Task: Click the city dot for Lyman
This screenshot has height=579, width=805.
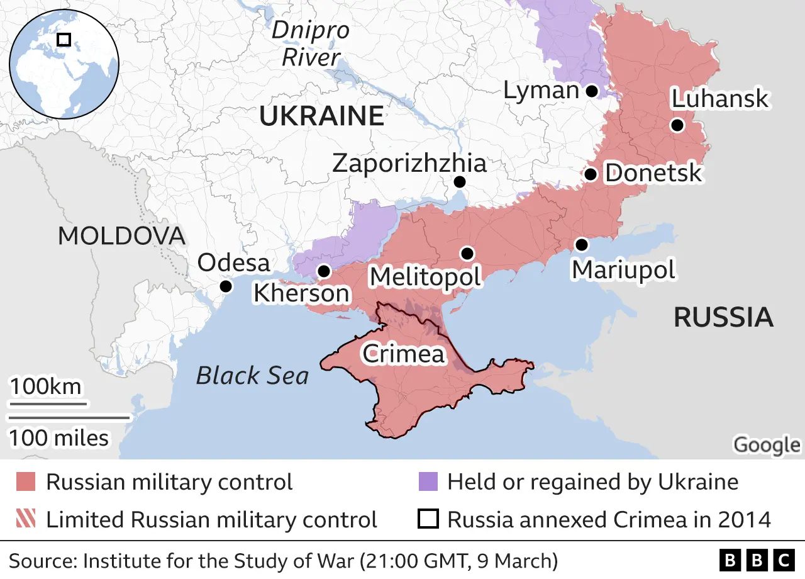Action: click(x=592, y=91)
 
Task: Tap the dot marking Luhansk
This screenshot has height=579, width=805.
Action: click(x=677, y=125)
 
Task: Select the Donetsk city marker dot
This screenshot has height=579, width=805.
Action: click(x=590, y=174)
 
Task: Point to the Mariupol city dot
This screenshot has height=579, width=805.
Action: click(x=582, y=244)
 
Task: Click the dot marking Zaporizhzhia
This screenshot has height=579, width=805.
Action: click(x=460, y=182)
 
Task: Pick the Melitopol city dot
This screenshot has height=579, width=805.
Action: click(x=467, y=253)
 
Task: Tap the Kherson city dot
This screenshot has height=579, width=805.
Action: click(x=324, y=271)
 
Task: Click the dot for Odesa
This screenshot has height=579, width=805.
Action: click(x=226, y=286)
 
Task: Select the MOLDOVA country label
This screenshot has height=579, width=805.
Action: click(x=121, y=236)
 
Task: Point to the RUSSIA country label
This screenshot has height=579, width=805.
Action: click(x=723, y=317)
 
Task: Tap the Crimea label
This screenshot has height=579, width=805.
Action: click(x=403, y=354)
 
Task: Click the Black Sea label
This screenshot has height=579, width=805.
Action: click(x=253, y=376)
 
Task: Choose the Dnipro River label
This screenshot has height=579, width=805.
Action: click(x=311, y=44)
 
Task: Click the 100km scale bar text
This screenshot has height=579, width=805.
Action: click(x=45, y=386)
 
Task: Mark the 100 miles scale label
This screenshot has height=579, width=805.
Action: click(x=58, y=437)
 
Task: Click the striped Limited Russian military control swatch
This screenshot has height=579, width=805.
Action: click(x=26, y=520)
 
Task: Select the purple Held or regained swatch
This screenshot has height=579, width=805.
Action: click(x=428, y=482)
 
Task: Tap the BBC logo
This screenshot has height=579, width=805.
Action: click(x=757, y=559)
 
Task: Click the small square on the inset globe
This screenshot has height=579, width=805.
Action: click(x=64, y=40)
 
